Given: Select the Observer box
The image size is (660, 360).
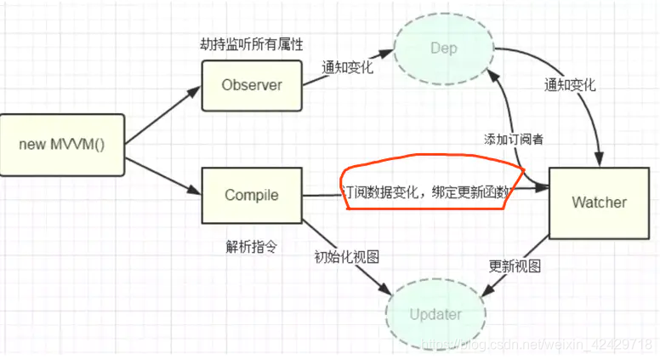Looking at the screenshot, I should click(x=251, y=84).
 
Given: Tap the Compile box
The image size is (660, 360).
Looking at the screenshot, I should click(x=251, y=195).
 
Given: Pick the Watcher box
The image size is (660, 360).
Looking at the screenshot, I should click(x=598, y=202).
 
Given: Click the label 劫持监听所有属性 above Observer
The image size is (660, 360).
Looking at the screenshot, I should click(x=249, y=44).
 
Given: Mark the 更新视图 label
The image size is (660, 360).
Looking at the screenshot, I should click(x=515, y=265).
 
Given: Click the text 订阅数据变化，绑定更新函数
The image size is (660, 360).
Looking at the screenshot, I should click(x=425, y=193).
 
